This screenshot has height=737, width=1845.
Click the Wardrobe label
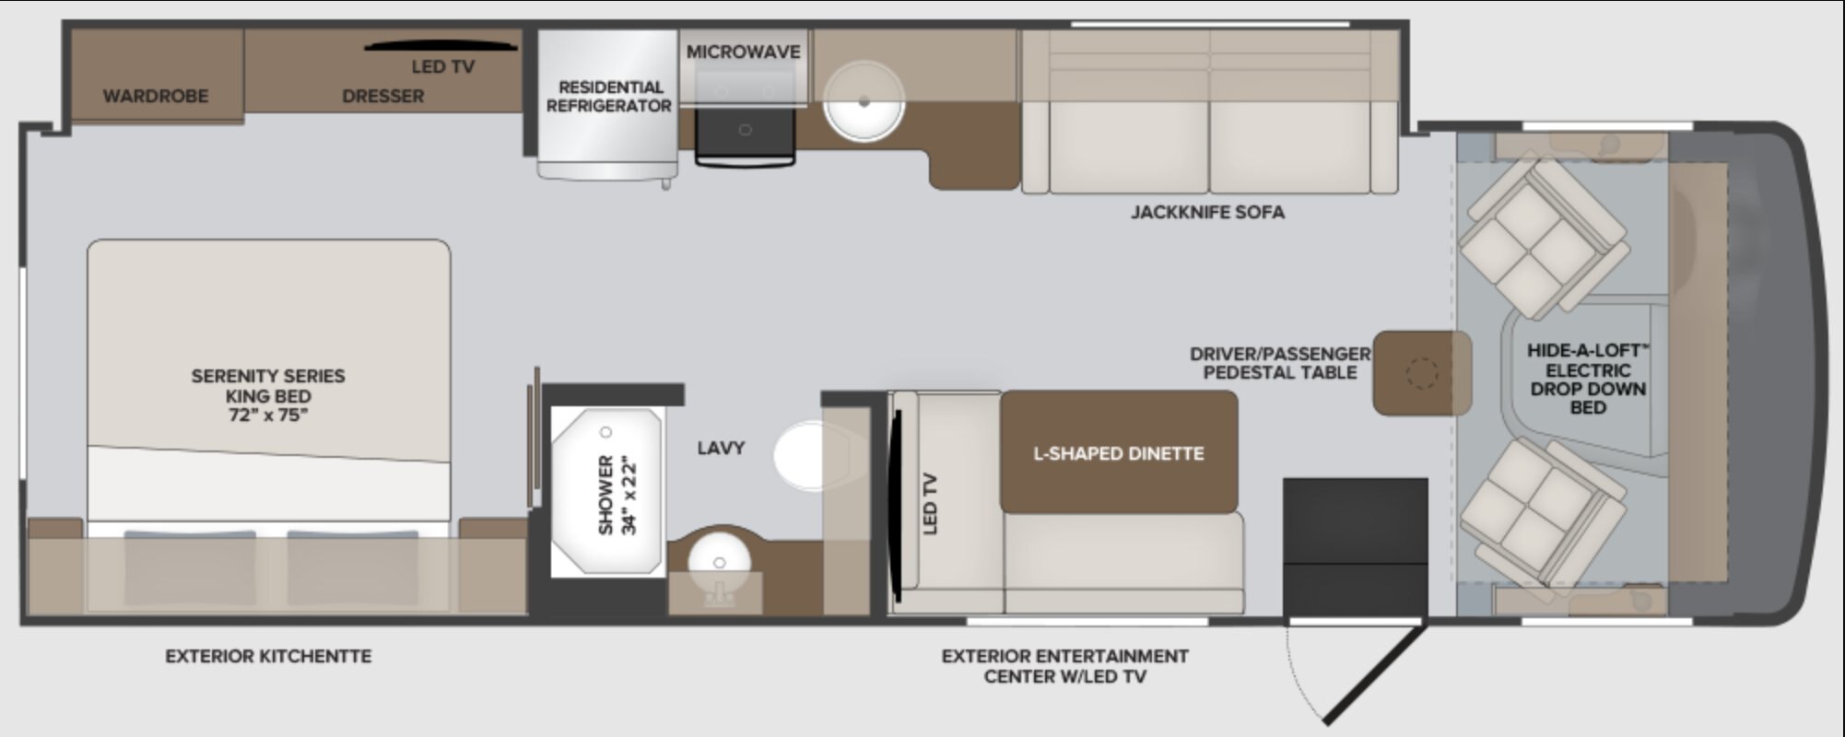[x=155, y=96]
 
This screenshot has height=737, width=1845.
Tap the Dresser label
[x=382, y=96]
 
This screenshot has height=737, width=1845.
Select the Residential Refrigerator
[x=607, y=105]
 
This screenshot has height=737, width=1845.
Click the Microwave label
[x=743, y=53]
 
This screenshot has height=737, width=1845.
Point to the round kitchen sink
[x=864, y=102]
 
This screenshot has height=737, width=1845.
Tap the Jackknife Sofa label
[x=1207, y=212]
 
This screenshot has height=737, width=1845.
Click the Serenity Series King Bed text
[x=268, y=395]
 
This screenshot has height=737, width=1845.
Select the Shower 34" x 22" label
[x=617, y=495]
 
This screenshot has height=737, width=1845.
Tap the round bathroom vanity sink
[x=719, y=563]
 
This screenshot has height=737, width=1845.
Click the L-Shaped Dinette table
[x=1119, y=451]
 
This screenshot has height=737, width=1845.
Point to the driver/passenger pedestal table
[x=1421, y=373]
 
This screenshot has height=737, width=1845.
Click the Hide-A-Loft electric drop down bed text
[x=1587, y=378]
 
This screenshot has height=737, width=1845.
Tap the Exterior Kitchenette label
[x=268, y=656]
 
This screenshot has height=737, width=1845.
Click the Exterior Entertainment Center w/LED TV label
[x=1064, y=666]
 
